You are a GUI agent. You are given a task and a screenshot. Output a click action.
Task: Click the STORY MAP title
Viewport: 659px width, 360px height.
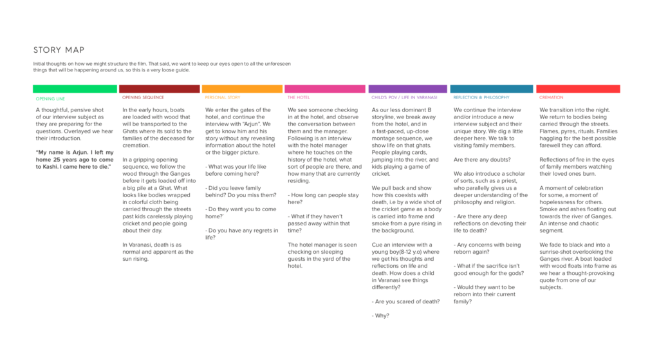coord(59,50)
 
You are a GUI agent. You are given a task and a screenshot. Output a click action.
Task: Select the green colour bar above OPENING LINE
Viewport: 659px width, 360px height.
coord(75,89)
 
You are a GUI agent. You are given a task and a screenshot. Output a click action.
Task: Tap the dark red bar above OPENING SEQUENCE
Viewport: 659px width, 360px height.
coord(159,89)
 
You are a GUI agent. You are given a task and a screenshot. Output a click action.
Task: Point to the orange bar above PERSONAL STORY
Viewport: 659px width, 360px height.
coord(242,89)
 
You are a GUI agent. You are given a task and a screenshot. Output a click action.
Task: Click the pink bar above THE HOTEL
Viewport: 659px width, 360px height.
coord(325,89)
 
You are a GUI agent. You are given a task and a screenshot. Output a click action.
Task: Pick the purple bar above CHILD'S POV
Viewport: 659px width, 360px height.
coord(408,89)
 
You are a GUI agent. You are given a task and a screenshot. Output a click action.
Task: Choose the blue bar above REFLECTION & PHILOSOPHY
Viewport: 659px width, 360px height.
coord(491,89)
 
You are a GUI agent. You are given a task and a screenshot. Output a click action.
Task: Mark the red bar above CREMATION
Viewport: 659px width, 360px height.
coord(579,89)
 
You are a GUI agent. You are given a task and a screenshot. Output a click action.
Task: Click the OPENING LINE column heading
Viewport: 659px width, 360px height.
coord(50,99)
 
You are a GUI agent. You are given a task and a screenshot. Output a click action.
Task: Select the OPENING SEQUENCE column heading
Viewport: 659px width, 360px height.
coord(143,98)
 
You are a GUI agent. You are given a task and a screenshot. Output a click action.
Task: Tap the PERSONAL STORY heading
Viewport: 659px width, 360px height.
coord(223,98)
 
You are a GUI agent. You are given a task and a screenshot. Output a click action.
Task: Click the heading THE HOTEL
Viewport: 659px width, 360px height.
coord(299,98)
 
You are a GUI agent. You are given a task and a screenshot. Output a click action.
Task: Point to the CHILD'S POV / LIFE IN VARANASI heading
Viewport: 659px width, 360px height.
coord(404,98)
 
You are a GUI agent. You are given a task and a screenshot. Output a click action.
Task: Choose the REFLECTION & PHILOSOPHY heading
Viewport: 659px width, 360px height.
coord(481,98)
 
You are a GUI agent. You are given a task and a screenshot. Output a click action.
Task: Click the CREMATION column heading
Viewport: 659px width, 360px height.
coord(551,98)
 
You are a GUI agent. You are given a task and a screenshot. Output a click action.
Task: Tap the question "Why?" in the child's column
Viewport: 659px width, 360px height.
coord(380,316)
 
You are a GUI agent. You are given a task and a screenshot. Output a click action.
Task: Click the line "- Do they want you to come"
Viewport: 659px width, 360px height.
coord(241,209)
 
